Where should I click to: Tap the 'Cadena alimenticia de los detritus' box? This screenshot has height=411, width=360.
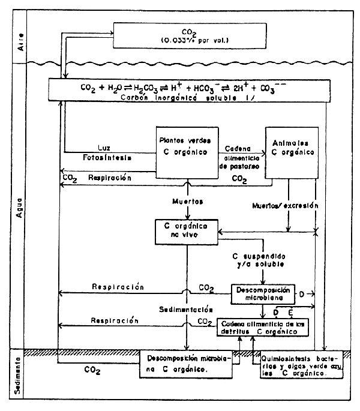pyautogui.click(x=263, y=328)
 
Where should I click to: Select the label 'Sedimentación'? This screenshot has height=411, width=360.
pyautogui.click(x=187, y=311)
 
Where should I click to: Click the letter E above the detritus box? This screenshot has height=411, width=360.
pyautogui.click(x=291, y=311)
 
